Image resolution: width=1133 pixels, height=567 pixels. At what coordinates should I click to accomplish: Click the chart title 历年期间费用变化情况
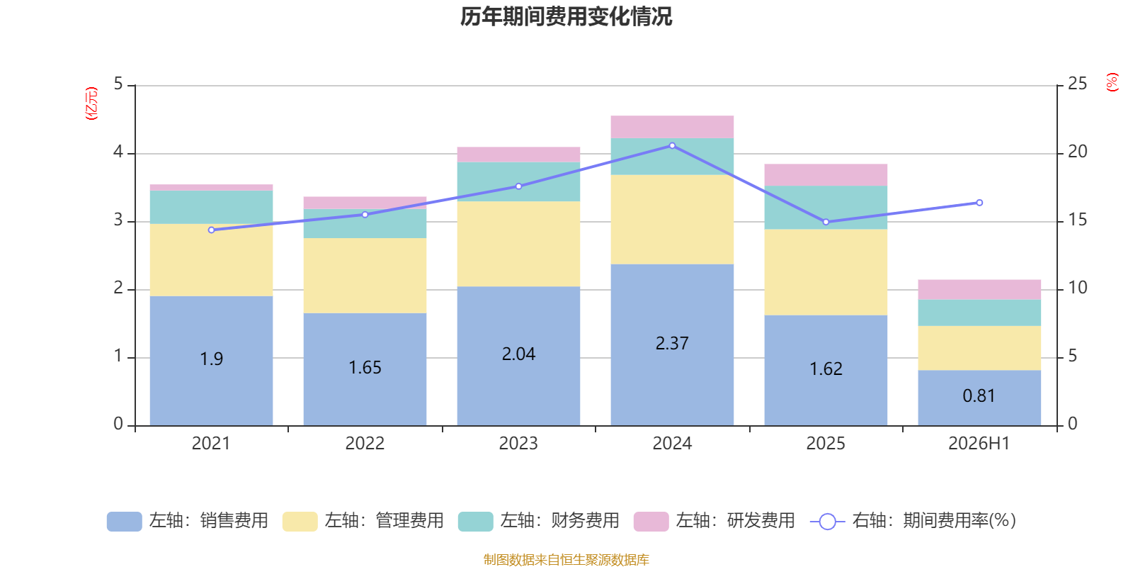pos(566,17)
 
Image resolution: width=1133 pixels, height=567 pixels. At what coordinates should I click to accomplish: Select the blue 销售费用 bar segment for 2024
pos(672,344)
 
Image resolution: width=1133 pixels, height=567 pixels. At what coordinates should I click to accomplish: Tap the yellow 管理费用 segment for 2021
pos(212,260)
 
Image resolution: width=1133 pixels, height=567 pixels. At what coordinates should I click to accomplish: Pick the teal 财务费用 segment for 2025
pos(826,208)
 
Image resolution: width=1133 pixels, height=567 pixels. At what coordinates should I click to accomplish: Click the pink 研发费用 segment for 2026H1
pos(979,290)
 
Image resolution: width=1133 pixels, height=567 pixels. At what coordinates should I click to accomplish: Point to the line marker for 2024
pos(672,146)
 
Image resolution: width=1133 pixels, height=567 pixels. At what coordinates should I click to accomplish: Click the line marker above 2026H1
pos(979,203)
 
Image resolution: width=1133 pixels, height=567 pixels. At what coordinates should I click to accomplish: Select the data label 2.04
pos(518,354)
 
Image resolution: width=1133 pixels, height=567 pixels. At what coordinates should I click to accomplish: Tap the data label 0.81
pos(979,396)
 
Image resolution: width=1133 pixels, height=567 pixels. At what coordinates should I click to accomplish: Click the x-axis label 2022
pos(365,444)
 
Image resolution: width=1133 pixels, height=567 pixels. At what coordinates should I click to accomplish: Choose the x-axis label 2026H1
pos(979,444)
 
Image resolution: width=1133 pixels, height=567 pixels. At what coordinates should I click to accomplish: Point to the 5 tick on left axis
pos(118,84)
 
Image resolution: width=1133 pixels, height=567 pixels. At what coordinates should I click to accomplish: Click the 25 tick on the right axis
pos(1077,84)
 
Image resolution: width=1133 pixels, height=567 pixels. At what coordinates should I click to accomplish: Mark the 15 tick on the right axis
pos(1077,220)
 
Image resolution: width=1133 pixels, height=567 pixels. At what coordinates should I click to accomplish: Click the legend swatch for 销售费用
pos(125,522)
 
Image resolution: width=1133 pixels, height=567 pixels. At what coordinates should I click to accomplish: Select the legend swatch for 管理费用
pos(300,522)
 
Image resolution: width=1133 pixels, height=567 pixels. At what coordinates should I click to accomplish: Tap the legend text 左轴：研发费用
pos(736,520)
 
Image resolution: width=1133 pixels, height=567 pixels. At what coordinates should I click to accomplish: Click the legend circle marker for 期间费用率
pos(828,522)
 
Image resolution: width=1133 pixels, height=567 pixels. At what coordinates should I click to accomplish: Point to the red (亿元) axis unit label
pos(91,103)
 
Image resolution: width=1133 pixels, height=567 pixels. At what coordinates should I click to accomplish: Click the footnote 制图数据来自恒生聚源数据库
pos(566,559)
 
